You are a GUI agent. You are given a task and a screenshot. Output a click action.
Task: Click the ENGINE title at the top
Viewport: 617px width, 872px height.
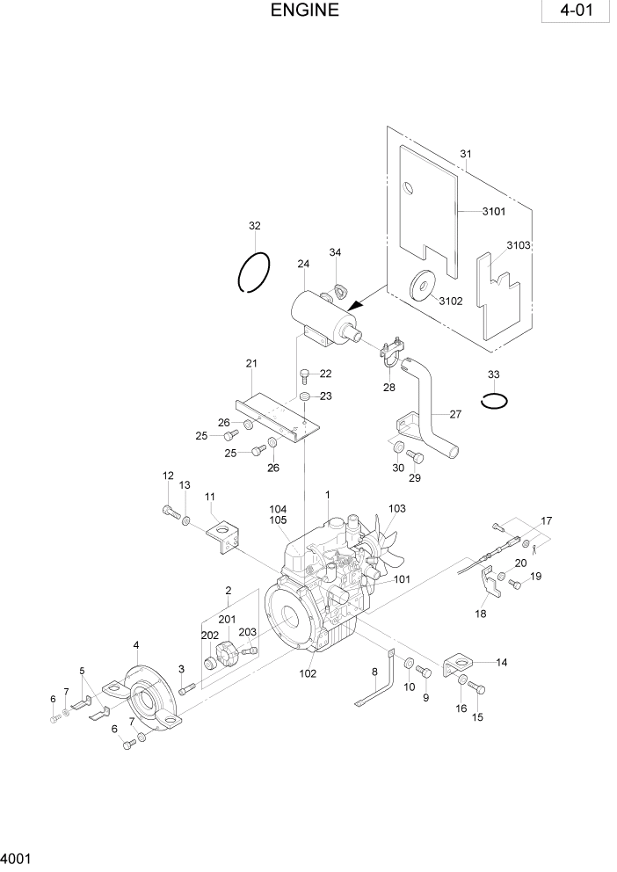pos(304,11)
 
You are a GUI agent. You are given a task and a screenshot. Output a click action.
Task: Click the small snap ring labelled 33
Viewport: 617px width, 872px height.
pos(495,400)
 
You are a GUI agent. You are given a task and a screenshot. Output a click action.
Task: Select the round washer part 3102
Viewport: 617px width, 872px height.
pos(424,288)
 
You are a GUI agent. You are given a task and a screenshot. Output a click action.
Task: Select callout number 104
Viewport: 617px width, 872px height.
pos(279,510)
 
